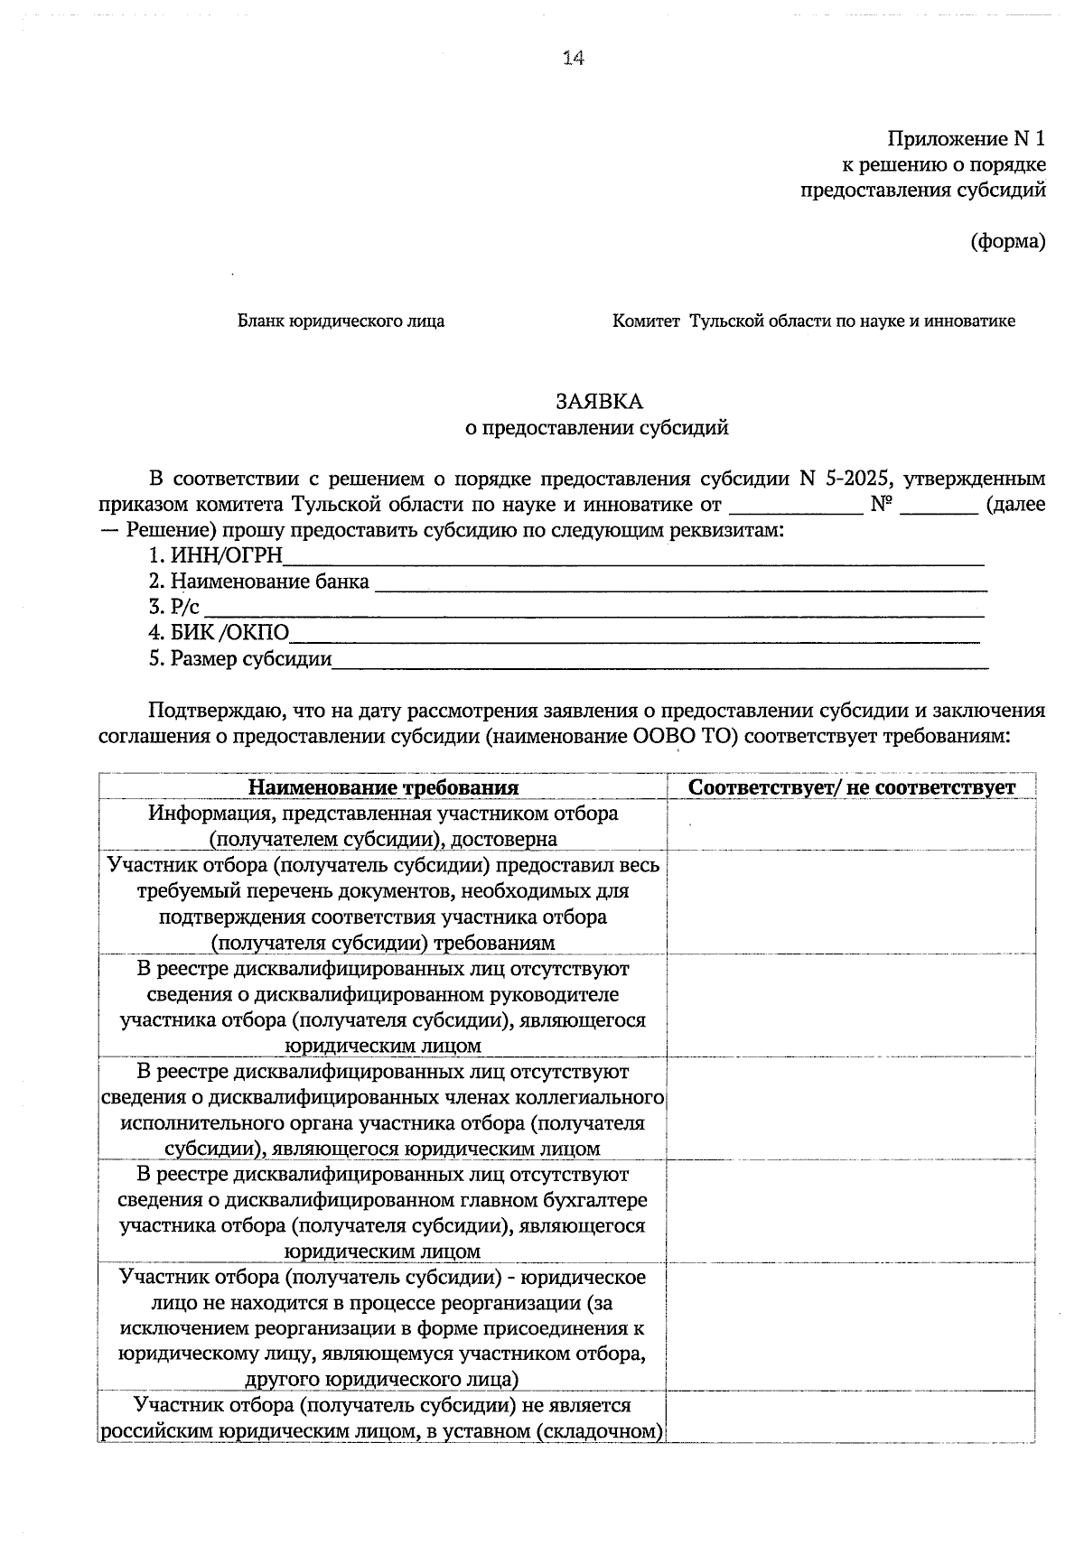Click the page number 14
(574, 58)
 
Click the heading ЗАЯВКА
(598, 402)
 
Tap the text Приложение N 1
(966, 139)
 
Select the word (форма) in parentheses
(1008, 242)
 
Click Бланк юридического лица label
(341, 321)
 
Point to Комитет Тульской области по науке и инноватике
(813, 321)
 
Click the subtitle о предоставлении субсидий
(596, 428)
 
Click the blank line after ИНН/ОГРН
(632, 560)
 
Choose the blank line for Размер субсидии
(659, 663)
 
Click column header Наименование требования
(383, 787)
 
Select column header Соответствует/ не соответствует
(851, 787)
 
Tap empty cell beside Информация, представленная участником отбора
(851, 825)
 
